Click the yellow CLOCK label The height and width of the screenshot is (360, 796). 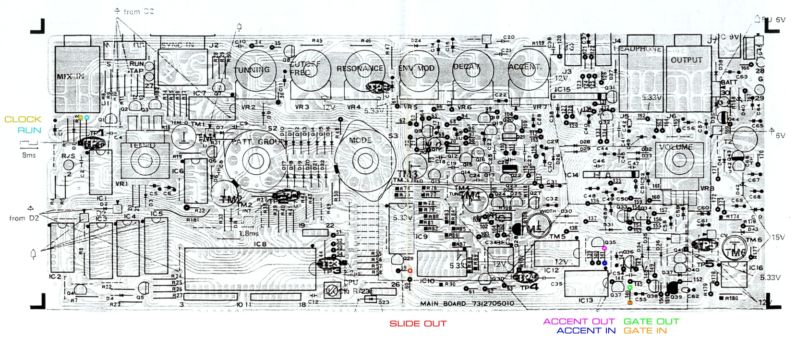click(23, 120)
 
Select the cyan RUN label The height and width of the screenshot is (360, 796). click(29, 130)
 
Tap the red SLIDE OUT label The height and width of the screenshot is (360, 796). click(418, 324)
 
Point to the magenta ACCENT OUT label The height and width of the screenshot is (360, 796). click(579, 322)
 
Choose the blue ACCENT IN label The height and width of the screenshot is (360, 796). click(586, 331)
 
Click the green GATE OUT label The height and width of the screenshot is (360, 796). click(651, 322)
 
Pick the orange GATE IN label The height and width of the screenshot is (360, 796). click(645, 331)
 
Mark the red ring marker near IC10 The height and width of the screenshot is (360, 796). click(410, 271)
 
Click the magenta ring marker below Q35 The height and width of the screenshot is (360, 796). click(604, 248)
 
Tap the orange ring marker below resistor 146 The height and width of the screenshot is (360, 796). click(630, 303)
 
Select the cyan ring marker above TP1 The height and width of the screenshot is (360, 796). click(86, 117)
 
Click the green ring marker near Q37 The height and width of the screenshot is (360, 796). click(630, 288)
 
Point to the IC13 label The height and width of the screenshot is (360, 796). click(586, 300)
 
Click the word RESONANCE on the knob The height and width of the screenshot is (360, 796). click(360, 69)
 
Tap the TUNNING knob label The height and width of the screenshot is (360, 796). click(252, 70)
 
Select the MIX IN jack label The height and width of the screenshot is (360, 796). click(70, 76)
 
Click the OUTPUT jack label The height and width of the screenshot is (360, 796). click(686, 60)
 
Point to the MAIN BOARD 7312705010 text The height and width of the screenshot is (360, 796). click(467, 303)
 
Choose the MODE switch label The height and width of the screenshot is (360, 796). click(360, 140)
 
